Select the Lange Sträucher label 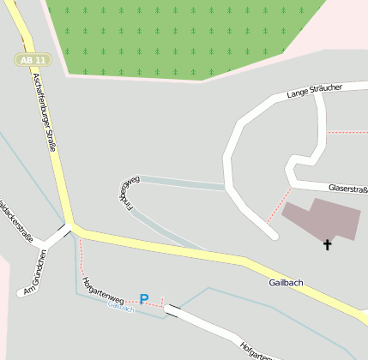point(315,89)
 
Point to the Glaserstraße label point(348,189)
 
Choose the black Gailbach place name point(287,282)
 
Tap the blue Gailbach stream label point(120,309)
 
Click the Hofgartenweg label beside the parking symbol point(102,290)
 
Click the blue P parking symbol point(144,299)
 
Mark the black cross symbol point(327,245)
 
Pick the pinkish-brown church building point(323,219)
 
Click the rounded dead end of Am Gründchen point(21,293)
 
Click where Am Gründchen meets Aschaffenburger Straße point(69,229)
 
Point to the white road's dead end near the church point(273,233)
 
